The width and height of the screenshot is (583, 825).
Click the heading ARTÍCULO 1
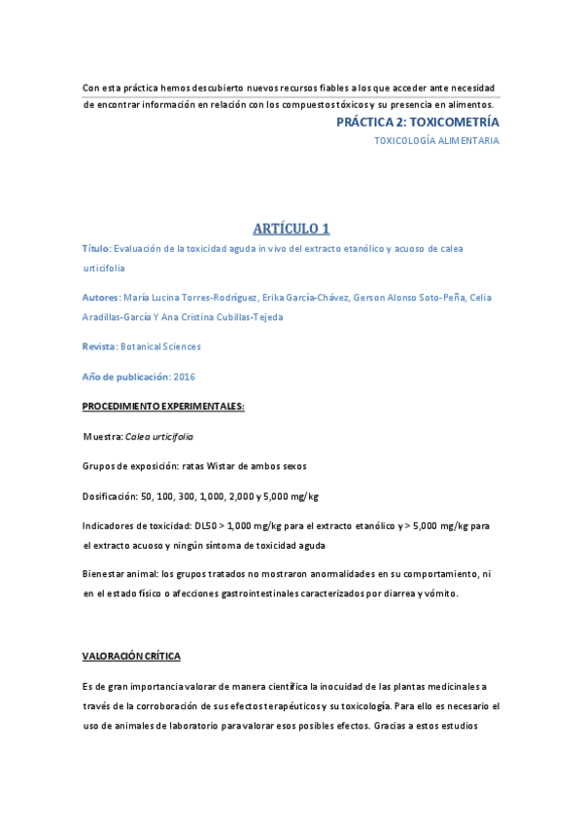pos(291,229)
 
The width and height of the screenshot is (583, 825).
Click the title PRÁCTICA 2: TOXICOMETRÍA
pos(418,123)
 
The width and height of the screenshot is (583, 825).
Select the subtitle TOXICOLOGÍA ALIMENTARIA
pos(437,141)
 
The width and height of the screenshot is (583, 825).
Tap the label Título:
pos(97,249)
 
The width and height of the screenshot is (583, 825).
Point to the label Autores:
pos(102,297)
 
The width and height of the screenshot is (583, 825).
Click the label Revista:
pos(100,346)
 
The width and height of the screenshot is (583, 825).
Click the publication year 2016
pos(185,376)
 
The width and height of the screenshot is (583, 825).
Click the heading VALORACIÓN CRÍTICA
pos(131,657)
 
